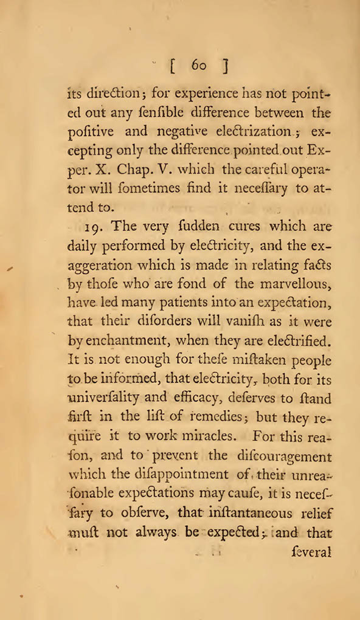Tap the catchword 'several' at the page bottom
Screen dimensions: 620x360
[x=311, y=554]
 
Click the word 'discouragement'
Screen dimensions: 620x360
[x=291, y=457]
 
